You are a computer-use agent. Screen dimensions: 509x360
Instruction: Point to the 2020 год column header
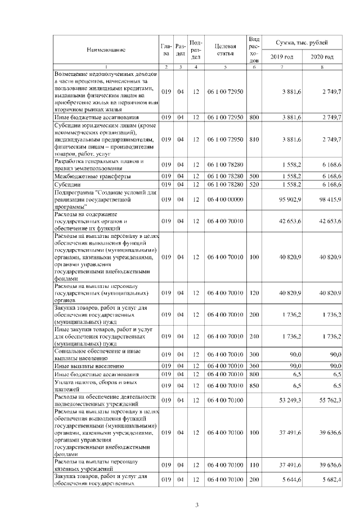[322, 57]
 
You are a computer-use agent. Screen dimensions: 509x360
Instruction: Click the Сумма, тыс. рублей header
[302, 43]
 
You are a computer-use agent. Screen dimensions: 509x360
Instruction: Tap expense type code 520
[254, 184]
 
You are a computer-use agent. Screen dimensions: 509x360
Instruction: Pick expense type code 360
[254, 366]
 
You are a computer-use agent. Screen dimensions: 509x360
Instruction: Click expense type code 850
[254, 386]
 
